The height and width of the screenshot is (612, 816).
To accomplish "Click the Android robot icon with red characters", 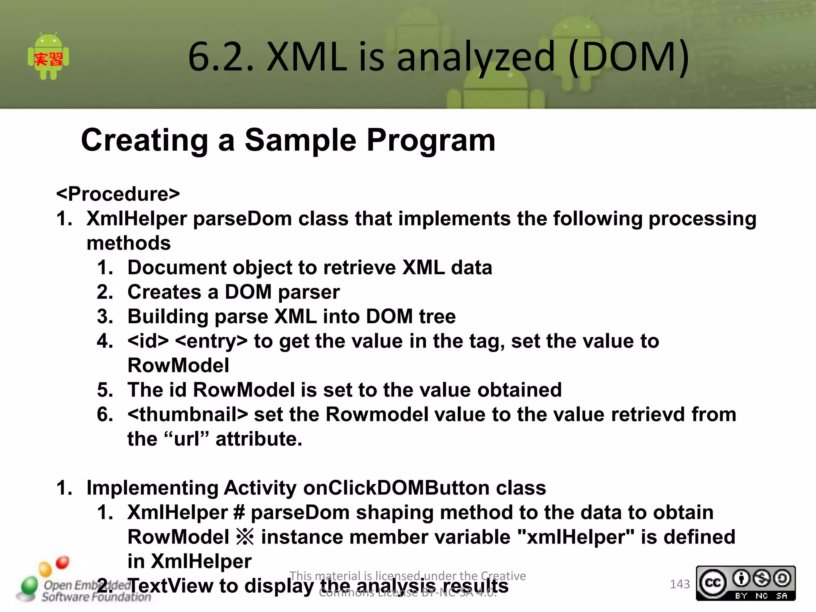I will (x=48, y=56).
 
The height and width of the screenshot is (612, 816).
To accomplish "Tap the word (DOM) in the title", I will (x=628, y=57).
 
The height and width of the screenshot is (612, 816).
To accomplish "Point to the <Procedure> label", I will (x=118, y=194).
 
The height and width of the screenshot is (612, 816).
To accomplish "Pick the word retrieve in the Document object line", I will (x=359, y=268).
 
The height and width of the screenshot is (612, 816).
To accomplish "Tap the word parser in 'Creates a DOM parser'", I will (x=309, y=292).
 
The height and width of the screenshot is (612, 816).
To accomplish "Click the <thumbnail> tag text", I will (x=187, y=415).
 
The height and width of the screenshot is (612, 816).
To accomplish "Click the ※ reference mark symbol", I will (x=245, y=537).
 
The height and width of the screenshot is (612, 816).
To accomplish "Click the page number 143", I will (x=680, y=584).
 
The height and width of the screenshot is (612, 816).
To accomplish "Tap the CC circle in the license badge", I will (x=713, y=583).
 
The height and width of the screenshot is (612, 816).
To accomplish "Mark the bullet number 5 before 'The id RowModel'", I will (x=105, y=390).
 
